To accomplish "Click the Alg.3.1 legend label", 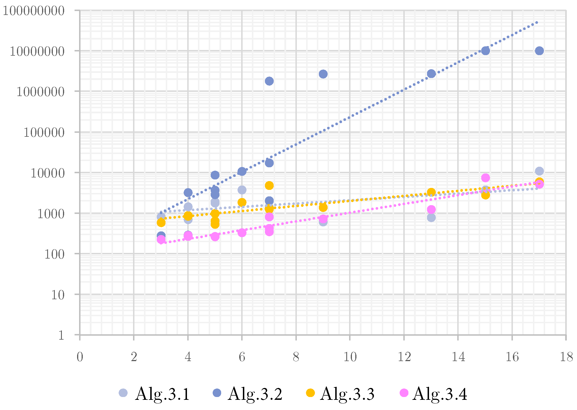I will pos(162,394).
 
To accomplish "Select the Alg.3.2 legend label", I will pos(255,394).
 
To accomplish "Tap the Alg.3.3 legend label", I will pos(347,394).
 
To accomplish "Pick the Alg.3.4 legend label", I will pos(440,394).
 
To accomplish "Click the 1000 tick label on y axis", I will pos(51,214).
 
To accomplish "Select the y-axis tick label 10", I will pos(58,295).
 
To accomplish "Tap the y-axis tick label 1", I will pos(61,335).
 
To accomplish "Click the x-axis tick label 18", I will pos(566,357).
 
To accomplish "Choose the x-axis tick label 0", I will pos(80,357).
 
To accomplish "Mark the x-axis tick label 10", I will pos(350,357).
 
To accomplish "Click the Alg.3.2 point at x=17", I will pos(539,51).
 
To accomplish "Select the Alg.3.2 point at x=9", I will pos(323,74).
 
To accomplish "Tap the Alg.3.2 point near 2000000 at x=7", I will pos(269,81).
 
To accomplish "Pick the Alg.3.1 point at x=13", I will pos(431,218).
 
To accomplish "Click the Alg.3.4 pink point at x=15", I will pos(485,178).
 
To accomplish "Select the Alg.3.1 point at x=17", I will pos(539,171).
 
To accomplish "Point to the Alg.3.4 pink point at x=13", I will pos(431,210).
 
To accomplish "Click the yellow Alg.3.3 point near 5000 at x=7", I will pos(269,186).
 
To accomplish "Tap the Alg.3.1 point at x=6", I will pos(242,190).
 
